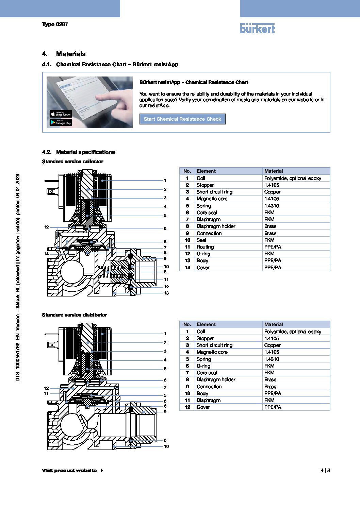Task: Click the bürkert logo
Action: pyautogui.click(x=257, y=29)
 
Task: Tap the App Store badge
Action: pyautogui.click(x=61, y=114)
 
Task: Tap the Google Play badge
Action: pyautogui.click(x=61, y=123)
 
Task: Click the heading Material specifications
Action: pyautogui.click(x=85, y=152)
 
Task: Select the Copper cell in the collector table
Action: pyautogui.click(x=272, y=192)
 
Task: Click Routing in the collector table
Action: pyautogui.click(x=205, y=247)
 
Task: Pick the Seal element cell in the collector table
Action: pyautogui.click(x=201, y=240)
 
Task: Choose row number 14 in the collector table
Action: pyautogui.click(x=187, y=268)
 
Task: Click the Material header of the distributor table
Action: pyautogui.click(x=274, y=324)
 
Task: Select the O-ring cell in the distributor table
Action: pyautogui.click(x=203, y=366)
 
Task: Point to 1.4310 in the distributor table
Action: pyautogui.click(x=272, y=359)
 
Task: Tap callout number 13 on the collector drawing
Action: pyautogui.click(x=166, y=293)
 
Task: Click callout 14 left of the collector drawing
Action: pyautogui.click(x=46, y=254)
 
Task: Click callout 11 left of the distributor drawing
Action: pyautogui.click(x=46, y=394)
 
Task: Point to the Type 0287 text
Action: pyautogui.click(x=55, y=24)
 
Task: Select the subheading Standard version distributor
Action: pyautogui.click(x=75, y=315)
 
